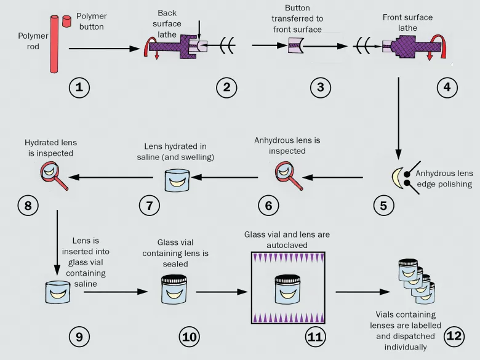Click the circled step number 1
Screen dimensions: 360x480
pyautogui.click(x=79, y=87)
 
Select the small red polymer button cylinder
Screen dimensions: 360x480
pyautogui.click(x=66, y=22)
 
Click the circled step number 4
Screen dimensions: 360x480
pyautogui.click(x=447, y=87)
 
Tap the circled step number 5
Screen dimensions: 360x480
pyautogui.click(x=384, y=206)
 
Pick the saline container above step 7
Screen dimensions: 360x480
pyautogui.click(x=178, y=178)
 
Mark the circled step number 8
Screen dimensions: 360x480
pyautogui.click(x=28, y=206)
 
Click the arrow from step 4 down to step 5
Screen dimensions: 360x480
pyautogui.click(x=399, y=117)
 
